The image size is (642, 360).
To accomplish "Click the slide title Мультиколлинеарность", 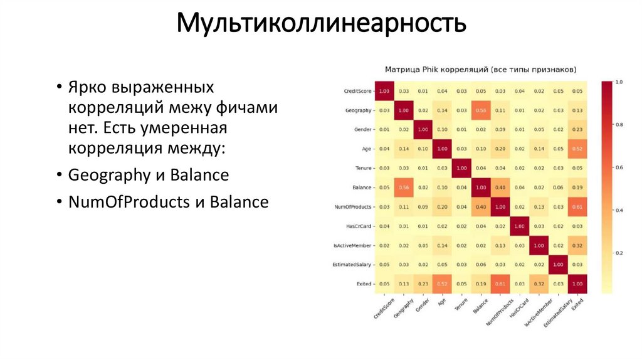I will [321, 24].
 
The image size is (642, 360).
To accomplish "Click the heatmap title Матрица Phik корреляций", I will [481, 69].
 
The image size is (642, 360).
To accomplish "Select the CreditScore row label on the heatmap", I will [357, 92].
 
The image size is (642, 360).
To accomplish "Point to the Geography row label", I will [358, 110].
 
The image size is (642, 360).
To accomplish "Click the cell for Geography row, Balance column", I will [481, 110].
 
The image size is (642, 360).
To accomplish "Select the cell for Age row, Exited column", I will [578, 149].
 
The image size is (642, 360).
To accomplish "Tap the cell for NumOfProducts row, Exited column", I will [578, 207].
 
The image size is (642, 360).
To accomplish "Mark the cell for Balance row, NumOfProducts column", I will [500, 188].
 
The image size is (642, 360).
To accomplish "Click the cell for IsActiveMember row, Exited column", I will [578, 245].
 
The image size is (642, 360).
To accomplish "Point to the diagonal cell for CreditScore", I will [384, 92].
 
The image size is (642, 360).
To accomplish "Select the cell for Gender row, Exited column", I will [578, 130].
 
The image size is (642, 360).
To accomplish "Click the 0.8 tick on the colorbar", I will [619, 125].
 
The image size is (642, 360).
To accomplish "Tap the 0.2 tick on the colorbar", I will [619, 253].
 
